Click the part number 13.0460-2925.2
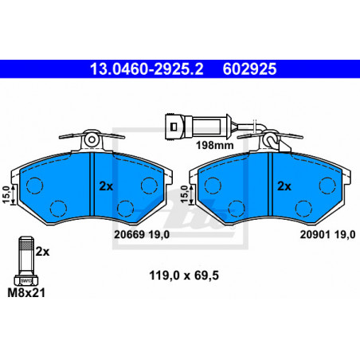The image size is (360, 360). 147,69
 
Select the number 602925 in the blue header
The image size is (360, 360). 249,69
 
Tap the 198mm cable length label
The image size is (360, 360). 215,145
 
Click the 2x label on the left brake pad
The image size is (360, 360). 106,186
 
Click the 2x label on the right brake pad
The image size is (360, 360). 284,186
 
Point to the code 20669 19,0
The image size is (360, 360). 142,234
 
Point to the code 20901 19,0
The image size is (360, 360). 327,234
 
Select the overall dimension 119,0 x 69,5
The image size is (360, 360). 184,276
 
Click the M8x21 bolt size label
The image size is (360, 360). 26,293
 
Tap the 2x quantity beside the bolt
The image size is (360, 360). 42,252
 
